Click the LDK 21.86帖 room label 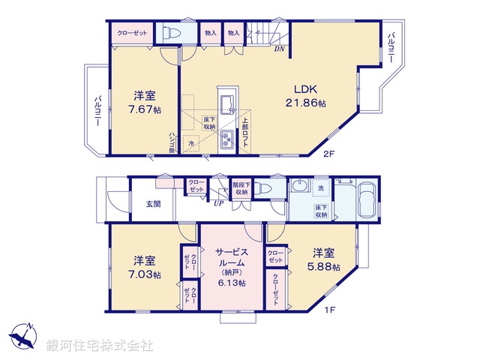304,94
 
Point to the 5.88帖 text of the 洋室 325,266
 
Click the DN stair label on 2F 278,49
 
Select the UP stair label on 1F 218,202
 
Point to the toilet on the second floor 169,34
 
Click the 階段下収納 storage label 240,189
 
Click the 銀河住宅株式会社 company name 99,345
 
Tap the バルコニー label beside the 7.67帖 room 97,111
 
